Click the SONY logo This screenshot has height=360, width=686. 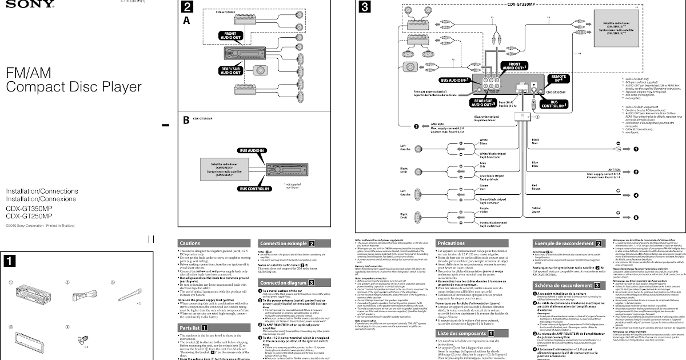tap(13, 4)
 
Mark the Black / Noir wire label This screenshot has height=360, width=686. tap(536, 142)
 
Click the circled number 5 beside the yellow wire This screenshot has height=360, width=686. tap(635, 217)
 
